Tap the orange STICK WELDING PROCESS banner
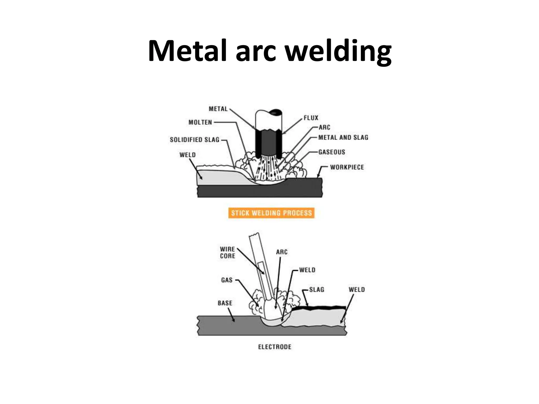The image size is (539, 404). [271, 213]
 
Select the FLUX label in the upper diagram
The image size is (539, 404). [311, 118]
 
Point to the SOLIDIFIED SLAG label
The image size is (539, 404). [194, 140]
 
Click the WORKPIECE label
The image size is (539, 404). [347, 167]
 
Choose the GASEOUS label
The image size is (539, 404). [332, 152]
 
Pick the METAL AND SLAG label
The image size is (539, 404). [343, 137]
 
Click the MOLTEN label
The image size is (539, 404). [200, 122]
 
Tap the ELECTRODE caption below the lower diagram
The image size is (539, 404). [275, 347]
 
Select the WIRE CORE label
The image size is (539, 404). [227, 252]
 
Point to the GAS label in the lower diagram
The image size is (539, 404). [227, 280]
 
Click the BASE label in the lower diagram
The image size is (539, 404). [225, 303]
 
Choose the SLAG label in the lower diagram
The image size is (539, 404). [317, 290]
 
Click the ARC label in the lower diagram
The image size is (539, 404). [282, 252]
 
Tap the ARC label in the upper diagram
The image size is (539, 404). [324, 127]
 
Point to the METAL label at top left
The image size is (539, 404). [218, 109]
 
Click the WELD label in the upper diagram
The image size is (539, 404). [187, 155]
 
